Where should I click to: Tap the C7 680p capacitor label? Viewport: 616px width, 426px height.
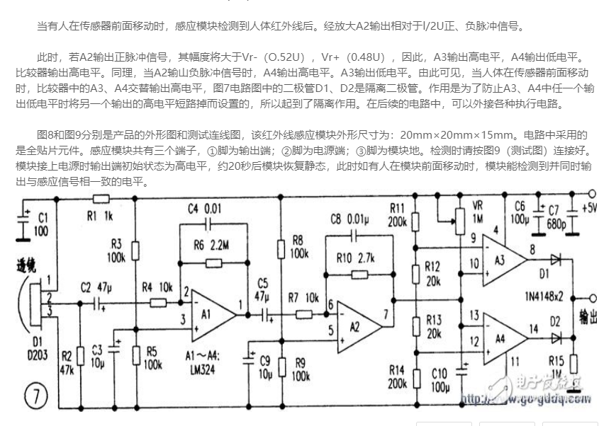559,216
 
